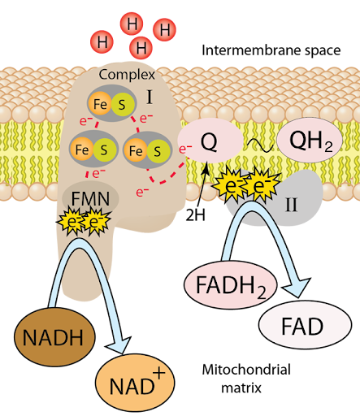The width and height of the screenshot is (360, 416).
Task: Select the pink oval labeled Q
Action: pos(209,142)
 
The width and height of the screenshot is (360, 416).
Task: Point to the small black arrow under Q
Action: pos(206,169)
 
